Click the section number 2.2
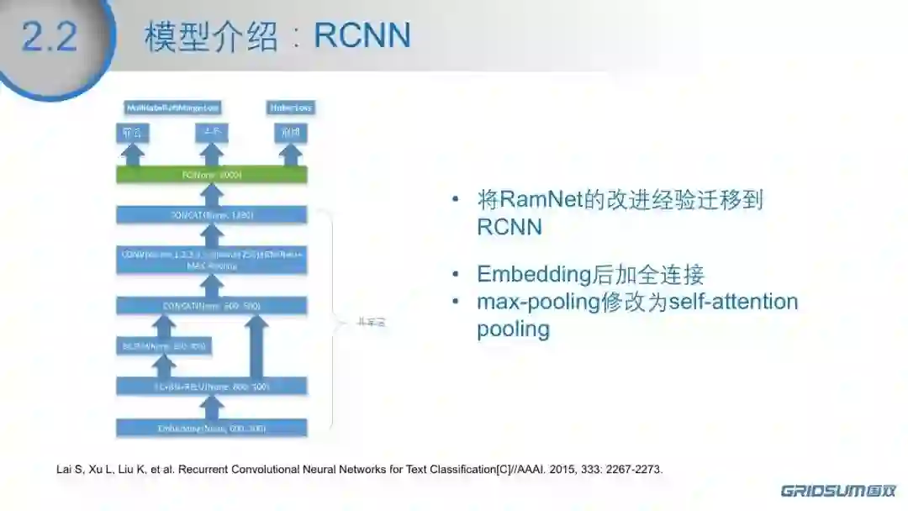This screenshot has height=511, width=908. pyautogui.click(x=50, y=37)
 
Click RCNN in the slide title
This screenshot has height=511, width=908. pyautogui.click(x=362, y=36)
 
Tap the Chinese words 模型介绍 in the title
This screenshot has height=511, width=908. pyautogui.click(x=210, y=37)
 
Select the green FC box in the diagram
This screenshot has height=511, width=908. pyautogui.click(x=212, y=175)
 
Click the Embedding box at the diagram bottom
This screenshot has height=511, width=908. pyautogui.click(x=212, y=428)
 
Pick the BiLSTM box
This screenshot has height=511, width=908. pyautogui.click(x=163, y=345)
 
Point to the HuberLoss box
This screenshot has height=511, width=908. pyautogui.click(x=291, y=108)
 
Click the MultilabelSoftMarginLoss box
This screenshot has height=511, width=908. pyautogui.click(x=172, y=108)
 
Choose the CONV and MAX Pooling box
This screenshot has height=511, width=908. pyautogui.click(x=212, y=259)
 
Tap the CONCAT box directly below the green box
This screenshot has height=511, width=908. pyautogui.click(x=212, y=215)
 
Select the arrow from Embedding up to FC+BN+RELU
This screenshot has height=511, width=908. pyautogui.click(x=212, y=407)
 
